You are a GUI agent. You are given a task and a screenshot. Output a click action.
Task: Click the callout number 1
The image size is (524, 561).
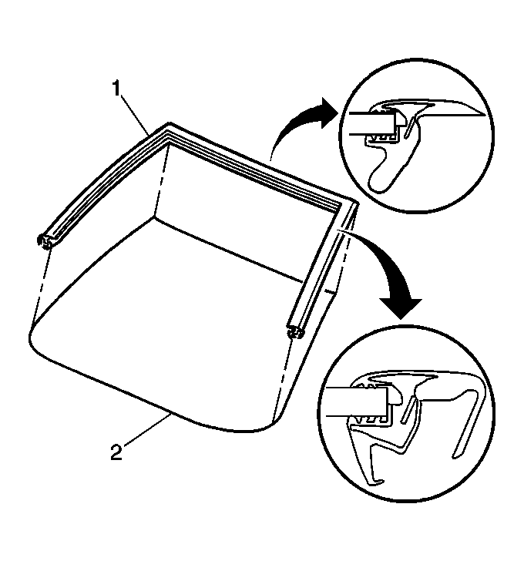(x=117, y=89)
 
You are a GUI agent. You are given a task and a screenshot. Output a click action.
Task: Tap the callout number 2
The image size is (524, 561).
(x=116, y=452)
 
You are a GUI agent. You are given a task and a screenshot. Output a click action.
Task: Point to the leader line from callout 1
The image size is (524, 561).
(x=136, y=115)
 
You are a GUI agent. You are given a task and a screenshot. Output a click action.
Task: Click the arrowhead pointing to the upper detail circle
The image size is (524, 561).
(x=328, y=113)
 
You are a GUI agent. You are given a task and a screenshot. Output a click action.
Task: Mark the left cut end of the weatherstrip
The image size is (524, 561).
(x=45, y=242)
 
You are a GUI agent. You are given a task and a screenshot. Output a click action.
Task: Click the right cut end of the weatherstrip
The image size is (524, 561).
(x=296, y=333)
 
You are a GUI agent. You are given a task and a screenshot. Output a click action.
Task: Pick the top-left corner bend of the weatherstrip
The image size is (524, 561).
(x=168, y=133)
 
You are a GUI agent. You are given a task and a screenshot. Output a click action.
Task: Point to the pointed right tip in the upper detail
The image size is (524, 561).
(x=483, y=115)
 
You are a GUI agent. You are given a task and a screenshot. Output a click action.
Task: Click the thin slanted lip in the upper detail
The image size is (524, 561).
(x=410, y=128)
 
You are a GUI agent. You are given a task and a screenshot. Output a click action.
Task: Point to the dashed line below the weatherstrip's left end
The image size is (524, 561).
(x=40, y=284)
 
